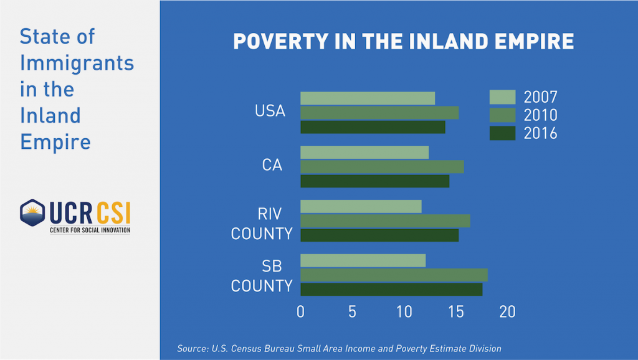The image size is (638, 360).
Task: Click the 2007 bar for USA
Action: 368,98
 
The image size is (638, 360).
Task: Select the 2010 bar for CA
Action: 382,166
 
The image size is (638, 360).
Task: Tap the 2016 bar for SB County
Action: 391,289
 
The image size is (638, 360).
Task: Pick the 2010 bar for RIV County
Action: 385,220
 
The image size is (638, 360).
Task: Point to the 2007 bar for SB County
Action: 363,260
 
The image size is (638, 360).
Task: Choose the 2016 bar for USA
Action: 373,127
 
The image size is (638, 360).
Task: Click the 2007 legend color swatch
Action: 502,97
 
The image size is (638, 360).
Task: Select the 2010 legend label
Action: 540,115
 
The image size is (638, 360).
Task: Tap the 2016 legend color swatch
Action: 502,133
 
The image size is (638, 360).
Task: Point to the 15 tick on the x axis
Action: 456,311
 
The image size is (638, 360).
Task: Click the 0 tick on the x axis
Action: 301,311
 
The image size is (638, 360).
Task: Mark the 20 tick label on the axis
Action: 507,311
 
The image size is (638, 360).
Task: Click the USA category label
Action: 270,111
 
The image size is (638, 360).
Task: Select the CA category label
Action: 272,166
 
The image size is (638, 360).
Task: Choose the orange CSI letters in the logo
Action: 113,214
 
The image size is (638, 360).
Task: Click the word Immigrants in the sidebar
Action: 77,63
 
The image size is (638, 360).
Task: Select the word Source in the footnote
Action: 193,349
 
